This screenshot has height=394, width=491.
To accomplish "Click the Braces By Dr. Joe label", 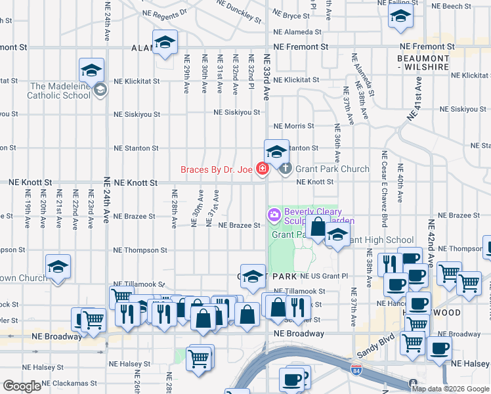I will coord(217,169).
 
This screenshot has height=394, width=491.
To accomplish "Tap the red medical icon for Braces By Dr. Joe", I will coord(263,169).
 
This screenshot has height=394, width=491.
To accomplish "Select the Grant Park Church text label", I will coord(332,169).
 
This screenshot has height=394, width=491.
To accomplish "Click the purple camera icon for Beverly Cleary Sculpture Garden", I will coord(273,215).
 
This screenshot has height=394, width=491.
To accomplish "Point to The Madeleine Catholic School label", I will coord(59,91).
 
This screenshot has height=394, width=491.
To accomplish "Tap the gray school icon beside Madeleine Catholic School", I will coord(100,90).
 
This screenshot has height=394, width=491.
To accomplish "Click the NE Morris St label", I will coord(292,125).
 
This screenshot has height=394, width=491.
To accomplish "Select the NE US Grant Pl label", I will coord(323,277).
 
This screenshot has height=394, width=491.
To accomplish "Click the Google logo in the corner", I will coord(22,386).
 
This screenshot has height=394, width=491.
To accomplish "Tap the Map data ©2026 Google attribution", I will coord(450,389).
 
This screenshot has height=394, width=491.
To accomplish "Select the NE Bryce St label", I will coord(291,14).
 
